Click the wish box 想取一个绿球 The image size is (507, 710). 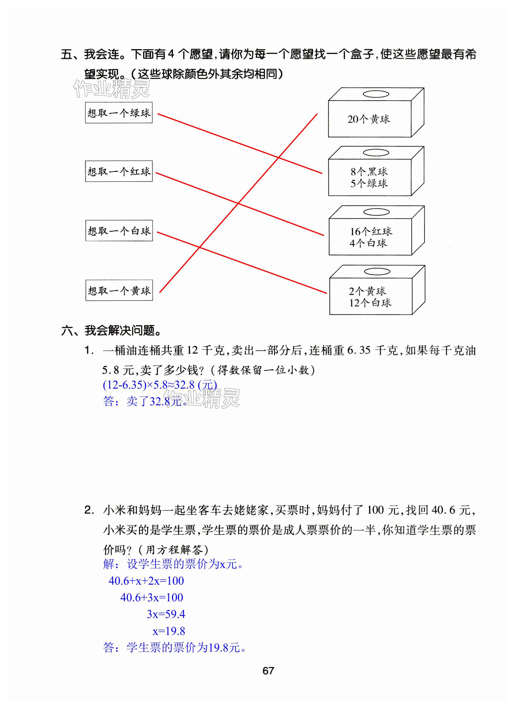tap(119, 113)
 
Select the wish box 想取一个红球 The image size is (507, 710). tap(119, 171)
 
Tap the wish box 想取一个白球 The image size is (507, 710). tap(119, 231)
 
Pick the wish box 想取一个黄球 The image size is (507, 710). tap(119, 290)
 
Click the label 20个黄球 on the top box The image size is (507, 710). tap(369, 119)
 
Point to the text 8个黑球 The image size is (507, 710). tap(369, 172)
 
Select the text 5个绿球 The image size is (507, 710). tap(369, 183)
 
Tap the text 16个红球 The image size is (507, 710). tap(371, 231)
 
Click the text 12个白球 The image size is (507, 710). tap(370, 302)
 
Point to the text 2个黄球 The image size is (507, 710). tap(367, 291)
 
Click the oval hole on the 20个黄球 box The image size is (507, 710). tap(376, 94)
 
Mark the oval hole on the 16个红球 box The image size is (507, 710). tap(376, 212)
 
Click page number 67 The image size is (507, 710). tap(268, 670)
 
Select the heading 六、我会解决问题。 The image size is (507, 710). tap(111, 330)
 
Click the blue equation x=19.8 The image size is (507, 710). tap(169, 631)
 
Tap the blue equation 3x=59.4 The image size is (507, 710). tap(166, 614)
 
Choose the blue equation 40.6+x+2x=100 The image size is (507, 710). tap(146, 581)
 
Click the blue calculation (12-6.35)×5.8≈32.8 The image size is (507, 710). tap(160, 385)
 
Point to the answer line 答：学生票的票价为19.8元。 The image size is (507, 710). tap(174, 648)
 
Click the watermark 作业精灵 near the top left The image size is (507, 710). tap(112, 89)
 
